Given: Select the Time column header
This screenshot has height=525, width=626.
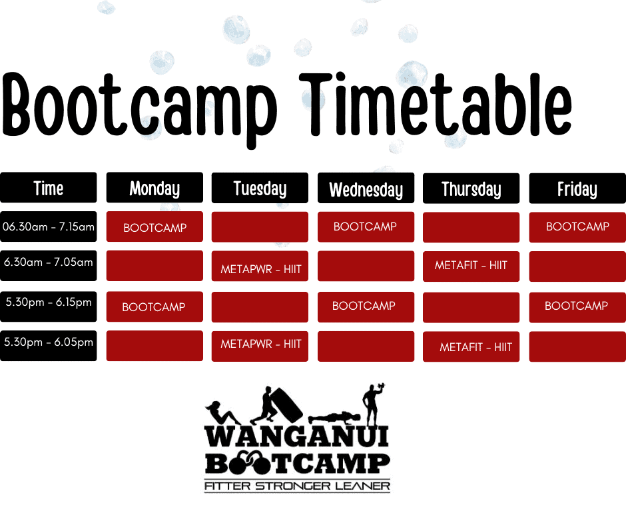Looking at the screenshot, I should click(48, 188).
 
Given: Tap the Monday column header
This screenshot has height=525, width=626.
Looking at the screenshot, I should click(155, 188).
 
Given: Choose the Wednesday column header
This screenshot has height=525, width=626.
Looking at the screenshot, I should click(366, 189).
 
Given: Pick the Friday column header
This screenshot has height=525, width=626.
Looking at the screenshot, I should click(577, 189).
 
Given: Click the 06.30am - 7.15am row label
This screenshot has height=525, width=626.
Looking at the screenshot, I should click(48, 227).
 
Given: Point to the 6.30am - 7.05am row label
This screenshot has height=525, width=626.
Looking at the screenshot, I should click(48, 262).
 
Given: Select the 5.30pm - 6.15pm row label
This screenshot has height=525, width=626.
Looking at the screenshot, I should click(48, 302).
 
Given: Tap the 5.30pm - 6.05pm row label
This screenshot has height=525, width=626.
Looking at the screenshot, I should click(48, 342).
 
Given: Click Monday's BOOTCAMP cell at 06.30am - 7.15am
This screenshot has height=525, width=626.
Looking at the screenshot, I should click(155, 227).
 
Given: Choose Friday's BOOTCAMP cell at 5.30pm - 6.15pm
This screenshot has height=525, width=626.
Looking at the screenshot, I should click(577, 306).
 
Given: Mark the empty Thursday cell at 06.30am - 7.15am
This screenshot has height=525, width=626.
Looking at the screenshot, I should click(471, 227).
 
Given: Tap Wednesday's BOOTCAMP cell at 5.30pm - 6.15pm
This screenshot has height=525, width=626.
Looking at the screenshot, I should click(366, 306).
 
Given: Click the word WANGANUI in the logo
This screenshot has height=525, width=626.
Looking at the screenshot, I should click(297, 436).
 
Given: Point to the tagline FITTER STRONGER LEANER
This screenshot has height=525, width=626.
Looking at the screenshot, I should click(297, 486).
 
